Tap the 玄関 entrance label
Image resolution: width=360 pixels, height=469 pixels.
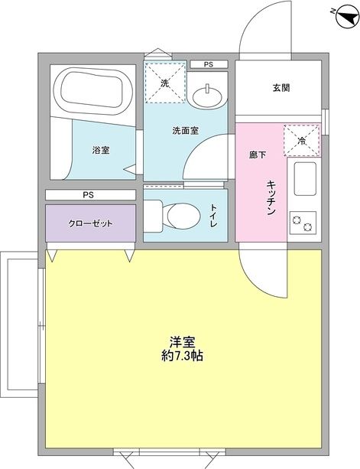281,87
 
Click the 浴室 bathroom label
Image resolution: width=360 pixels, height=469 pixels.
101,150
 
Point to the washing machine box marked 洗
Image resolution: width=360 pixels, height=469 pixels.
164,80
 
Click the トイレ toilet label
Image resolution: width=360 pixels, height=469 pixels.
215,213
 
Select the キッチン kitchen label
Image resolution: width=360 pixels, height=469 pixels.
271,197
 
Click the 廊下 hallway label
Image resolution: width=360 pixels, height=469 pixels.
257,155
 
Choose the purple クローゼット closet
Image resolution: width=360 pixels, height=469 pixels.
90,223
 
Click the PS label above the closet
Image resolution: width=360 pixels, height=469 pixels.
89,195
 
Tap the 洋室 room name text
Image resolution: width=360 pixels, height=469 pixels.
182,341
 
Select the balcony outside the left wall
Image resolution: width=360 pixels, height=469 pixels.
20,325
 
